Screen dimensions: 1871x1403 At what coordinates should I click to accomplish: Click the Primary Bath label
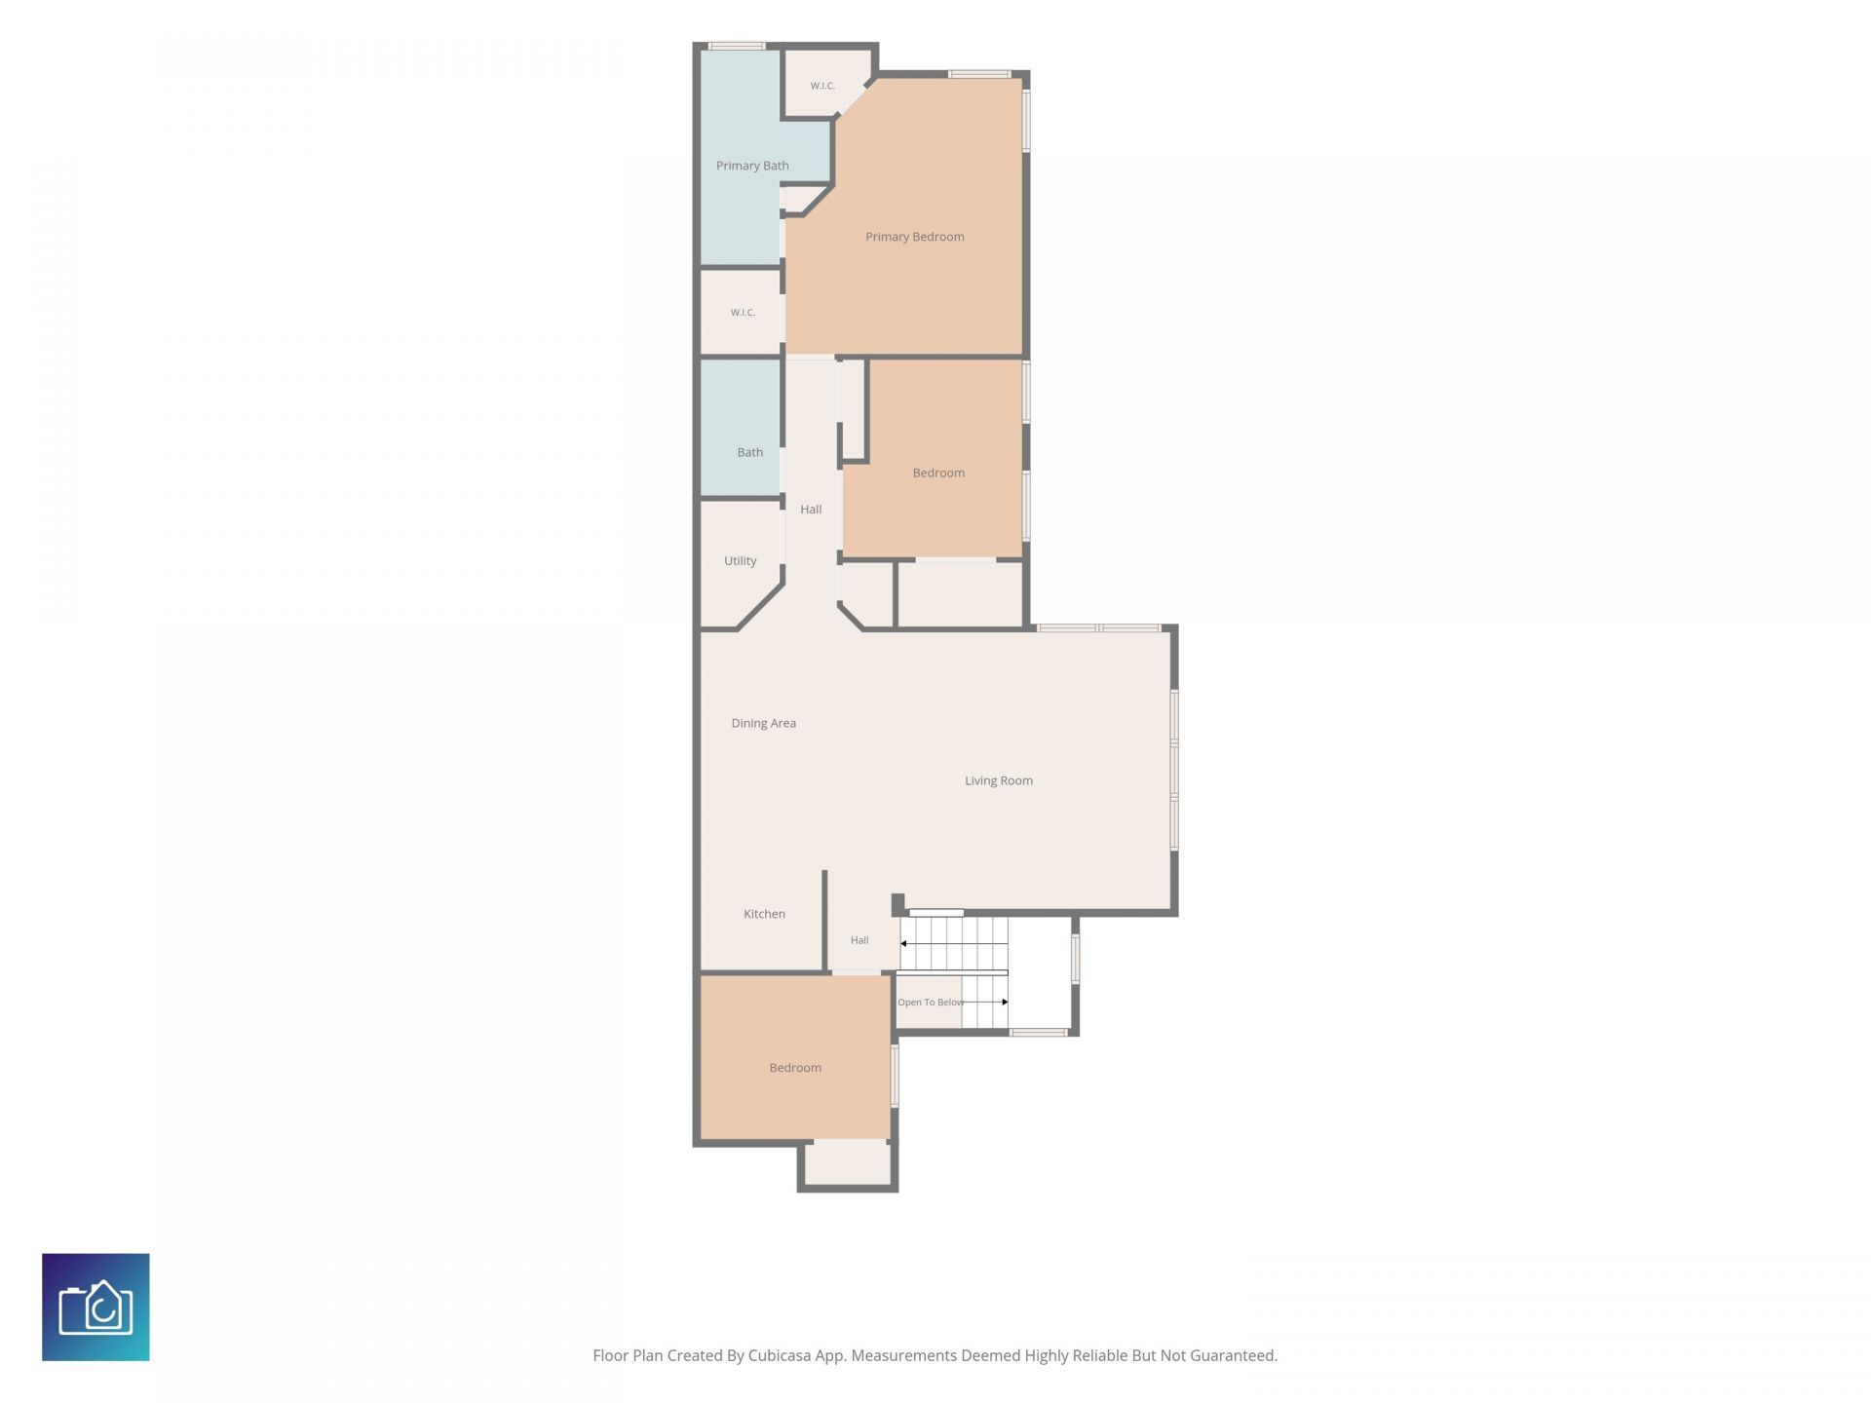752,166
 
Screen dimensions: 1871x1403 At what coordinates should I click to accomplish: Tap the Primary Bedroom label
914,237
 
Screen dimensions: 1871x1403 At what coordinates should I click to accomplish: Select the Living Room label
998,780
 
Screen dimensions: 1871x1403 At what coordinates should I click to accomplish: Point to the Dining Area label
763,723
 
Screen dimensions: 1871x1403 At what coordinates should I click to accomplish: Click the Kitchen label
764,914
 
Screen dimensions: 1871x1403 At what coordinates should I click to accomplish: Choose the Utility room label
740,561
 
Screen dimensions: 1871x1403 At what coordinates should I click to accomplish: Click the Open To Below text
930,1003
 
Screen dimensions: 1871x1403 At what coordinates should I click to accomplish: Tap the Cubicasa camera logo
95,1307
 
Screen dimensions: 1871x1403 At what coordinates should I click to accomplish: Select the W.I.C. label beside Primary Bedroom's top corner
822,86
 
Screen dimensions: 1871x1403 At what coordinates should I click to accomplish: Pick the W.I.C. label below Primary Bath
743,313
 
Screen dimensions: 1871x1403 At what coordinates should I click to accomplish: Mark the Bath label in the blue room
749,452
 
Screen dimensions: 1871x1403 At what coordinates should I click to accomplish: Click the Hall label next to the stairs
859,940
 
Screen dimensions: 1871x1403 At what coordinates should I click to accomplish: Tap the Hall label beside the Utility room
811,510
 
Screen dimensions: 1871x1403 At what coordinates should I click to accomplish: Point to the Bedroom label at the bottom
795,1068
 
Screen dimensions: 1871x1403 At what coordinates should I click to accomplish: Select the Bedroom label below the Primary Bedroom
938,474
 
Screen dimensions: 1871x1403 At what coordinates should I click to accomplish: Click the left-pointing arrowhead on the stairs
903,943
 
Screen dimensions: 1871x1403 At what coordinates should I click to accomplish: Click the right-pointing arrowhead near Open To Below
1005,1002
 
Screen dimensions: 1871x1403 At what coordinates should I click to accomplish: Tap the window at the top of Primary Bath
736,46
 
